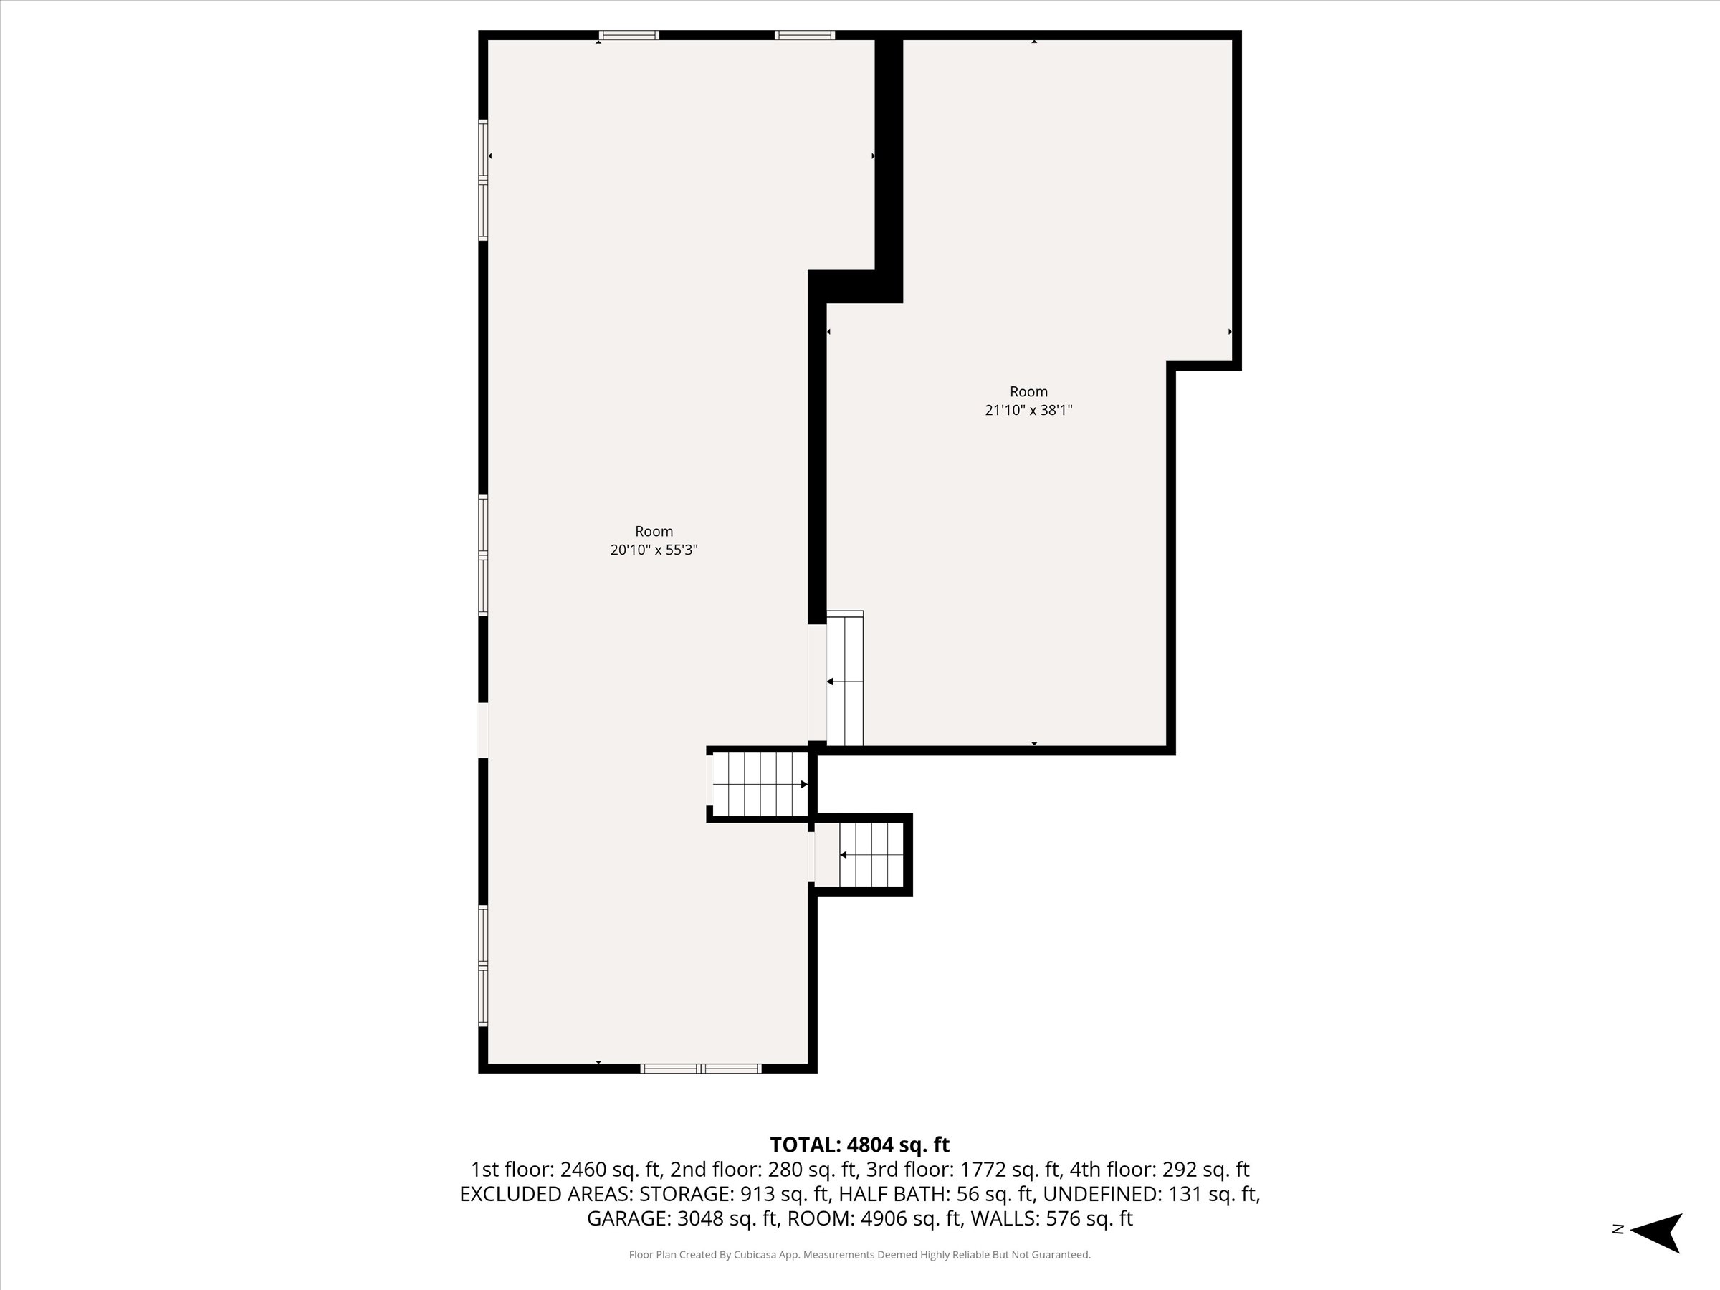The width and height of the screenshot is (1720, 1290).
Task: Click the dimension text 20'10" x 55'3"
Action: click(654, 550)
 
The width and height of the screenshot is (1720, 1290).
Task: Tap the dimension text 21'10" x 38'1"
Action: click(1028, 410)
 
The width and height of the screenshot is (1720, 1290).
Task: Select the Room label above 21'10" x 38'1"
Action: click(1028, 391)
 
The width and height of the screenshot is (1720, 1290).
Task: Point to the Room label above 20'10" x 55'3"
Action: click(654, 531)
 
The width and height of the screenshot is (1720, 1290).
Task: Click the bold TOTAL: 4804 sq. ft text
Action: click(859, 1145)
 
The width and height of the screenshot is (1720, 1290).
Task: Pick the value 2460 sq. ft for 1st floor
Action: click(611, 1170)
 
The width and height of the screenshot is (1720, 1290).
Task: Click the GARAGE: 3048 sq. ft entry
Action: click(682, 1218)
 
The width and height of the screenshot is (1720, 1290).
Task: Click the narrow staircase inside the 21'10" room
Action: click(845, 679)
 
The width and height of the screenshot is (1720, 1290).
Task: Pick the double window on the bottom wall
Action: click(701, 1069)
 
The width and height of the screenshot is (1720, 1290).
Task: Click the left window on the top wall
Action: click(629, 35)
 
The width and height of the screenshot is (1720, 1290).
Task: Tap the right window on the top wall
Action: click(805, 35)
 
